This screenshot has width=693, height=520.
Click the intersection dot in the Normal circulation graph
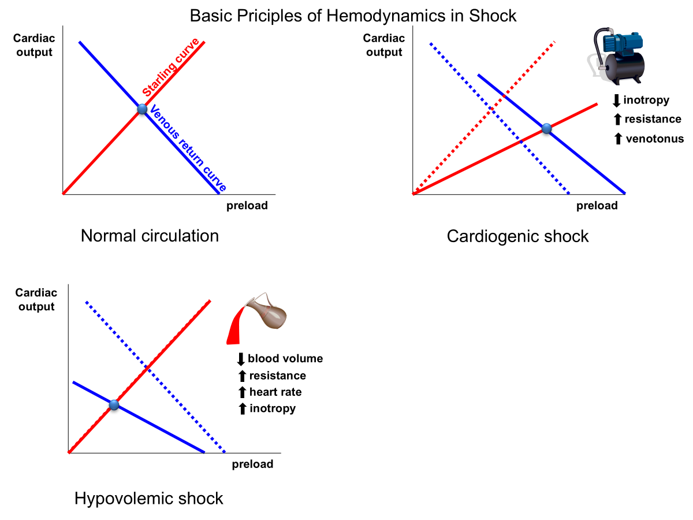[142, 109]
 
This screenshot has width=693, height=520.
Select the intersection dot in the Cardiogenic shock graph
[547, 129]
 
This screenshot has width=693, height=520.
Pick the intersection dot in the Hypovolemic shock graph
[114, 405]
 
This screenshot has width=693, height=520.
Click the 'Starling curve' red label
[171, 68]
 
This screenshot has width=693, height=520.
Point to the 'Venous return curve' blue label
[187, 148]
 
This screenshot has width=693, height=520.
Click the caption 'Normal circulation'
[150, 236]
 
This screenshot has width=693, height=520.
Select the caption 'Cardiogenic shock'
[517, 236]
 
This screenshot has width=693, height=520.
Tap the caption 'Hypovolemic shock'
[148, 498]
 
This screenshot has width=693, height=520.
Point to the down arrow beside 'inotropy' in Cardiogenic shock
[616, 101]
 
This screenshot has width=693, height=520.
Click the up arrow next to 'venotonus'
[617, 139]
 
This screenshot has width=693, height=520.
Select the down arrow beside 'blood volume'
[241, 359]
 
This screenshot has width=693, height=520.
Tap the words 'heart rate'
[275, 392]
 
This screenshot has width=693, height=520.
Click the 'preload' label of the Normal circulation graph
[247, 206]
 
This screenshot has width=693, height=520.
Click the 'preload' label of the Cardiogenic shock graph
[597, 206]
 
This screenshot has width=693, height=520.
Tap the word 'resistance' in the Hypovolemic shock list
[277, 376]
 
